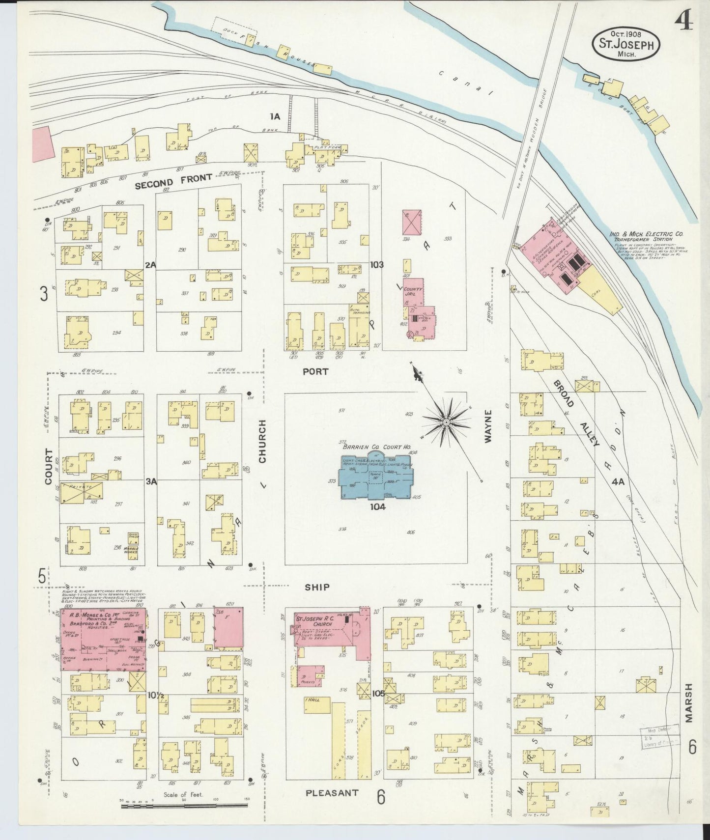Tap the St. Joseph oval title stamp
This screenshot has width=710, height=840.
(x=625, y=44)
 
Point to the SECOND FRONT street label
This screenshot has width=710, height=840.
(x=173, y=181)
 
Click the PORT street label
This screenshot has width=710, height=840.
(x=315, y=372)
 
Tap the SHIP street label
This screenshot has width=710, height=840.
(x=317, y=587)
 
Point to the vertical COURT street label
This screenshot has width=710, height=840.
(x=48, y=466)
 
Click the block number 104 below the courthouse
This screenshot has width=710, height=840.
(x=378, y=507)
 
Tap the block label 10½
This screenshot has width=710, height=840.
(x=154, y=695)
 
